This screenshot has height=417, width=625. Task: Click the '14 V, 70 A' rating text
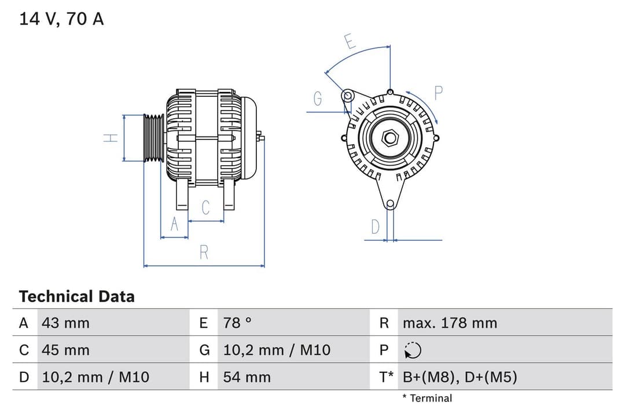[61, 19]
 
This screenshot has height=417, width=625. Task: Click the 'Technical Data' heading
[76, 297]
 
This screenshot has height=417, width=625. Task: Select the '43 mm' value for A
[65, 323]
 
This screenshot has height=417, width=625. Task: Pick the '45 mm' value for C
[65, 350]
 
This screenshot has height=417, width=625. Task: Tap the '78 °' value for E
[237, 323]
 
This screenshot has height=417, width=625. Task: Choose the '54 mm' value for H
[247, 378]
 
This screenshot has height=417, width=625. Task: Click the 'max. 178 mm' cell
[450, 323]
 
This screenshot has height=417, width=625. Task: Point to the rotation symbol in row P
[413, 350]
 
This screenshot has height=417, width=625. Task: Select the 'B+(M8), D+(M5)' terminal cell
[459, 378]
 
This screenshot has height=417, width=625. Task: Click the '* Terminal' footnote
[427, 398]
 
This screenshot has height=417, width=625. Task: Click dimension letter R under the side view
[204, 253]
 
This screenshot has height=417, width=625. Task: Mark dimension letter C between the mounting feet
[205, 208]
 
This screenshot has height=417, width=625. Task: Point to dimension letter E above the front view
[349, 42]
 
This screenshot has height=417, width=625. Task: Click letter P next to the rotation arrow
[438, 92]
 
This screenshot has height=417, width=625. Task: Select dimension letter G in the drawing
[318, 99]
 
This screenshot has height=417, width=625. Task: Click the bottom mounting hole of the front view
[390, 203]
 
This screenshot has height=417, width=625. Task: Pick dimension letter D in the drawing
[375, 226]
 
